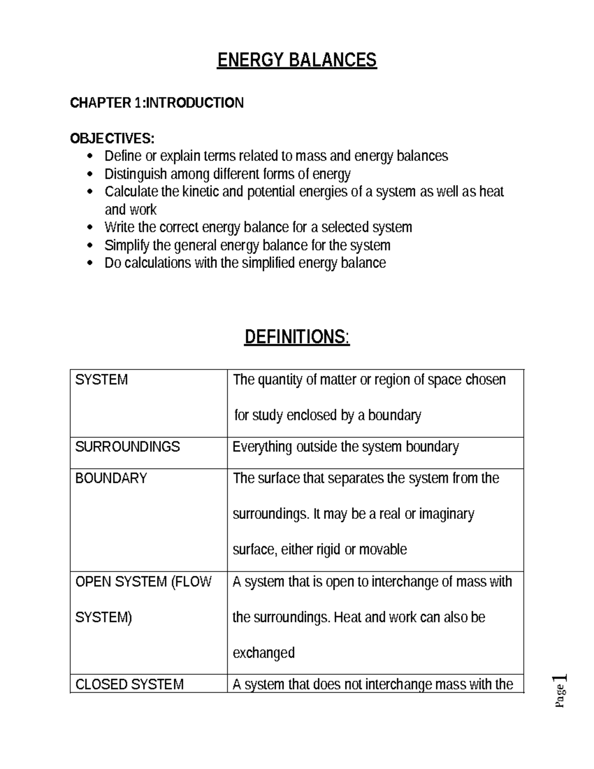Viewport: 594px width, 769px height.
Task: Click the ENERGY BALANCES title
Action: click(x=297, y=60)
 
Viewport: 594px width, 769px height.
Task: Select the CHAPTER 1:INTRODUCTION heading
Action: click(x=156, y=103)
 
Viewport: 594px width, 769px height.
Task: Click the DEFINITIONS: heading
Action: click(x=297, y=337)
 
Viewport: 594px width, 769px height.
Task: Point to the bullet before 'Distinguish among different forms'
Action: click(x=90, y=175)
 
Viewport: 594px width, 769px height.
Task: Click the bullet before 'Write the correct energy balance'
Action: click(x=90, y=228)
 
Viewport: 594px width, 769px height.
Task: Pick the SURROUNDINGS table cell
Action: click(x=127, y=447)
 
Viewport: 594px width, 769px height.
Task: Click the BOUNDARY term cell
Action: click(x=111, y=478)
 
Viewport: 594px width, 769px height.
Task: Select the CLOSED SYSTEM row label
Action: click(x=129, y=684)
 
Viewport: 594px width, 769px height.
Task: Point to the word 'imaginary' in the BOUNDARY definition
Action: click(x=446, y=514)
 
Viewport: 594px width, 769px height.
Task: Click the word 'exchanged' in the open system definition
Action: click(x=263, y=653)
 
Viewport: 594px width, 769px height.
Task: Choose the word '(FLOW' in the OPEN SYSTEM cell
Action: click(x=191, y=582)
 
